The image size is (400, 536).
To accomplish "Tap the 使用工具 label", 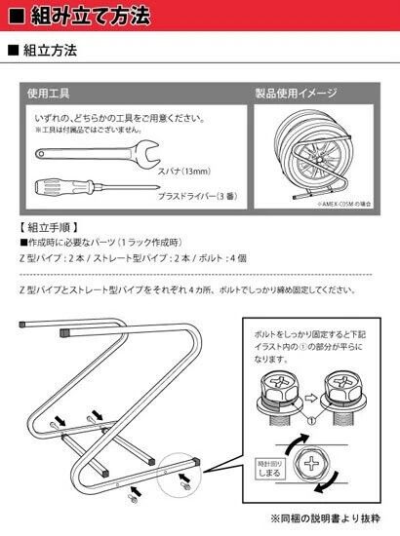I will pos(48,94).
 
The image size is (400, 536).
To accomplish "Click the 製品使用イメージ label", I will pos(298,94).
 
